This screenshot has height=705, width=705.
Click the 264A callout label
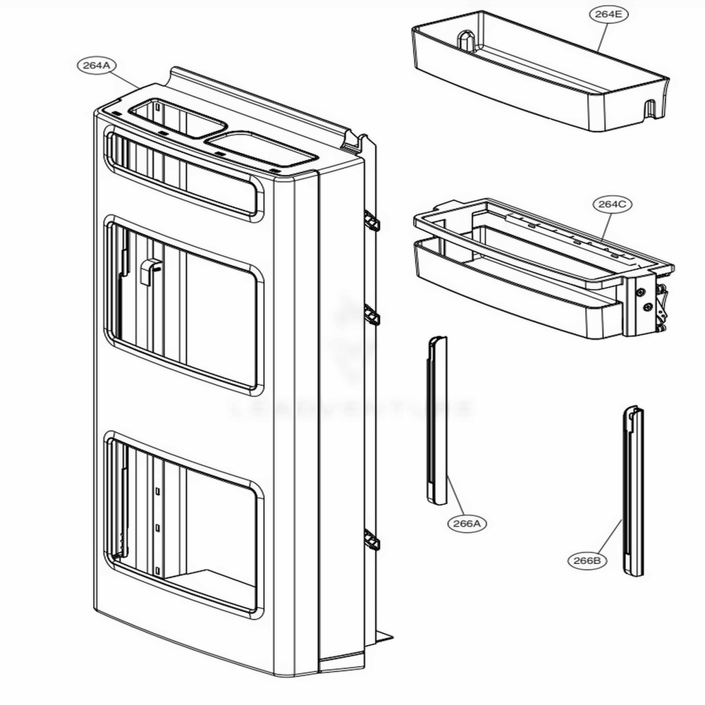point(97,65)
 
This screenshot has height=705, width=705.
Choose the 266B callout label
point(587,560)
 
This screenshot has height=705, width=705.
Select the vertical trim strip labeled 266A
point(437,421)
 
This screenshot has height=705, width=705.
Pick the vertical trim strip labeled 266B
point(632,490)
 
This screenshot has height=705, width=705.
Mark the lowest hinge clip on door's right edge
point(372,541)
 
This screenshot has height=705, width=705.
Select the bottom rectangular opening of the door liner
point(185,525)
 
